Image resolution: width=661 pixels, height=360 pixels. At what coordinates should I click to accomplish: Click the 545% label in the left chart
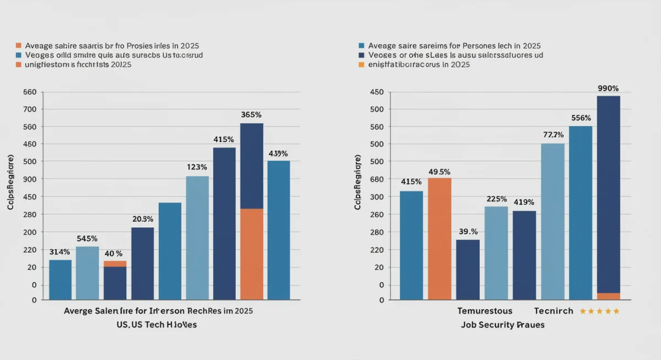tap(87, 239)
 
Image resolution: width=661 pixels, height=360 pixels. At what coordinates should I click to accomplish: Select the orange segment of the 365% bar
tap(252, 254)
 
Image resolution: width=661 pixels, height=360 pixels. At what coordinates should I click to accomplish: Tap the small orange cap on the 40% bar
tap(115, 264)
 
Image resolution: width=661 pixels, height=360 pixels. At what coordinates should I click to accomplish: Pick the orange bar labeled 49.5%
tap(440, 238)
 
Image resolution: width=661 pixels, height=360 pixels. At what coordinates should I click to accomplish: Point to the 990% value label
tap(608, 88)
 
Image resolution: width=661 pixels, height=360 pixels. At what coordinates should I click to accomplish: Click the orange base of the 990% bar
tap(608, 296)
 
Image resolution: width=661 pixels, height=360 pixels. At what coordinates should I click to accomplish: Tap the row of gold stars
tap(599, 311)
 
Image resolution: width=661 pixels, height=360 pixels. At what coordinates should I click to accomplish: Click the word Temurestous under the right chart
tap(485, 311)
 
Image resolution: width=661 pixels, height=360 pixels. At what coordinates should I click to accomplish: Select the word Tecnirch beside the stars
tap(554, 311)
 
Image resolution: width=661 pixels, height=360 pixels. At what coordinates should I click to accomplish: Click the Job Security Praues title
tap(502, 325)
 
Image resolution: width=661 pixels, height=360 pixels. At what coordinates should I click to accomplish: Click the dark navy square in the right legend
tap(361, 55)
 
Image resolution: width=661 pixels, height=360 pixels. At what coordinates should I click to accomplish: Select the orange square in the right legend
tap(361, 64)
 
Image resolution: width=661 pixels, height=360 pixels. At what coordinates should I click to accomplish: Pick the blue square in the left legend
tap(19, 55)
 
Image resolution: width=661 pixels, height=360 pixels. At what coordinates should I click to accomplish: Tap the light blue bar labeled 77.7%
tap(552, 221)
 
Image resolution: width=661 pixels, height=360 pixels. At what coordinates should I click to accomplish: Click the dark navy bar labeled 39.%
tap(468, 269)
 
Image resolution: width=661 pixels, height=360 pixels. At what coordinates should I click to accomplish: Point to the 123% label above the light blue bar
tap(197, 167)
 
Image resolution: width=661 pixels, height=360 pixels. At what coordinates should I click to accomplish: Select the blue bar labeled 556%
tap(581, 212)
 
